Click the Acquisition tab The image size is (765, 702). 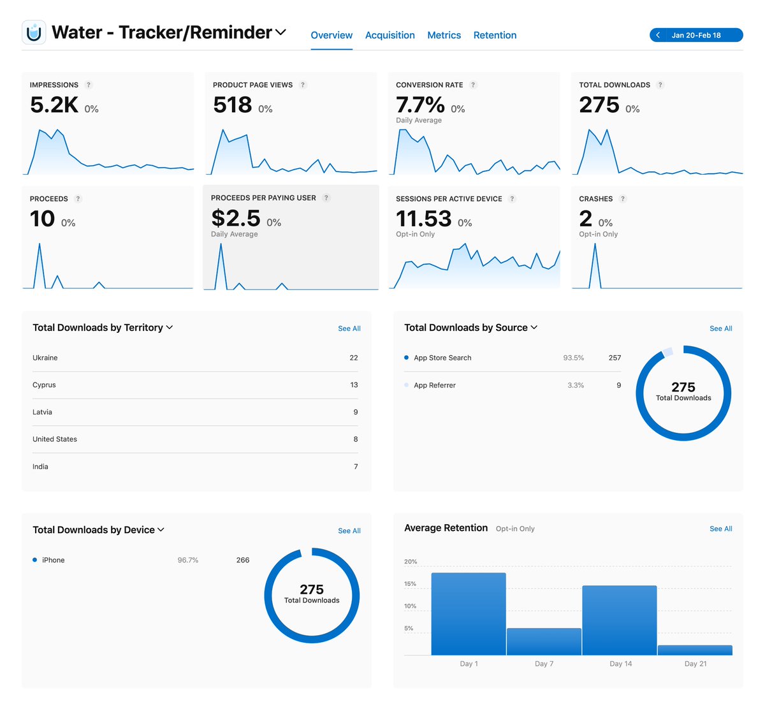click(390, 35)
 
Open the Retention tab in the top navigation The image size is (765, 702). click(495, 35)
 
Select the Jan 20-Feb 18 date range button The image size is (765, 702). click(696, 35)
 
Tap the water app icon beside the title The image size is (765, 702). click(34, 32)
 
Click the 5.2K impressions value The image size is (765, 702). click(54, 105)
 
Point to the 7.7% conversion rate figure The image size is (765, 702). click(420, 105)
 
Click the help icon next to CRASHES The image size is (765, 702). click(623, 199)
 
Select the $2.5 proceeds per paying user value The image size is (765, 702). click(236, 219)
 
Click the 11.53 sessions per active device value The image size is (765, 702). click(423, 219)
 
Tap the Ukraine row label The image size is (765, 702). click(45, 358)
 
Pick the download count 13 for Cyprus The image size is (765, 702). click(354, 385)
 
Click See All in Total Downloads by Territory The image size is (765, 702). click(349, 328)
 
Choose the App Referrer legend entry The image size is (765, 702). click(435, 385)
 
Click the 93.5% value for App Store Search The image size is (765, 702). click(573, 358)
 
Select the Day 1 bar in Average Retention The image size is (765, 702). click(469, 613)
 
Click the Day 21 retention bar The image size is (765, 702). click(695, 650)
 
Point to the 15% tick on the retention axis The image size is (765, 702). click(411, 584)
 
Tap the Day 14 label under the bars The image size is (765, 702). click(620, 664)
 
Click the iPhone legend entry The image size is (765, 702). click(53, 560)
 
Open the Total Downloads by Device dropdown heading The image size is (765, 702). click(98, 530)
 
